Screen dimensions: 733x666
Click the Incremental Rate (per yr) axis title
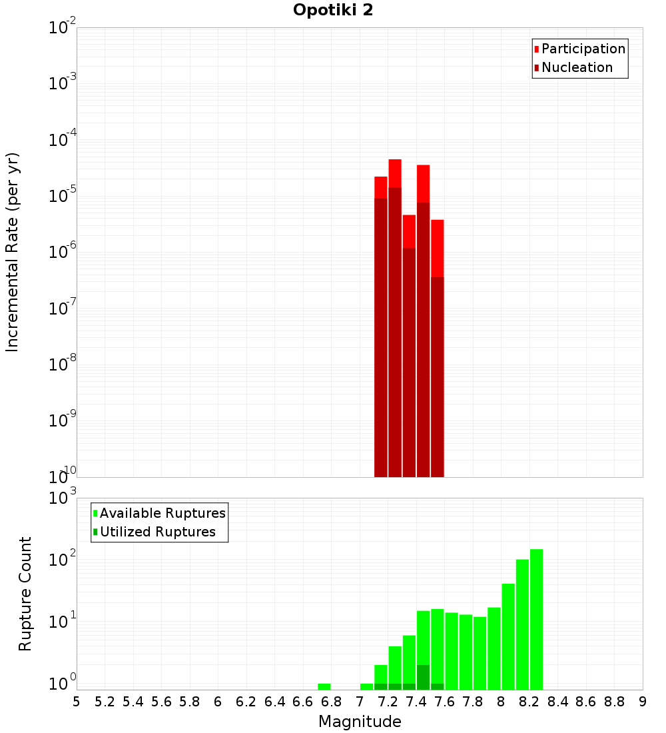pos(12,252)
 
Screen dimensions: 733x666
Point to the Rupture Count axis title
pos(25,593)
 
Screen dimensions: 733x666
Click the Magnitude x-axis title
pos(360,722)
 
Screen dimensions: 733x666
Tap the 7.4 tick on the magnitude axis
pos(416,702)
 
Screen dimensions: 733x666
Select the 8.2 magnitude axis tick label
pos(529,702)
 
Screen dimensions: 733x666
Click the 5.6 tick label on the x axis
pos(161,702)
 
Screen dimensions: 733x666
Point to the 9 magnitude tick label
pos(643,702)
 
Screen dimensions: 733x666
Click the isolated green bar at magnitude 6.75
pos(324,686)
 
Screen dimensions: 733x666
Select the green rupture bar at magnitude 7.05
pos(366,686)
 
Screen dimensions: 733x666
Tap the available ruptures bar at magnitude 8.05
pos(508,636)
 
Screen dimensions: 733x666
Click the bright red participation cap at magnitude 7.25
pos(395,173)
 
